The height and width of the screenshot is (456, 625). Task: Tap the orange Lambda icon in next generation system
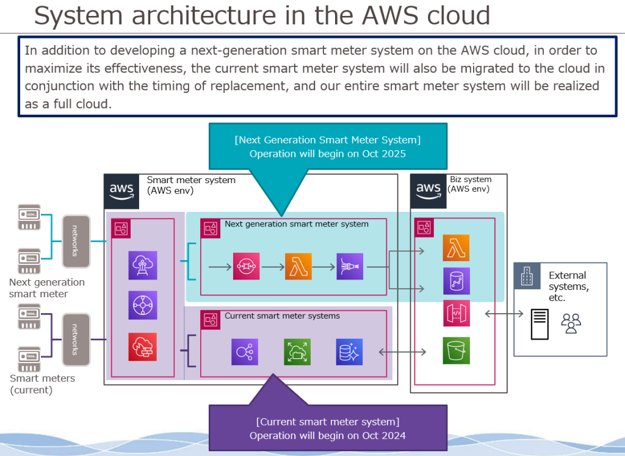point(298,267)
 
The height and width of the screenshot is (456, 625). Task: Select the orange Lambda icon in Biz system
point(456,248)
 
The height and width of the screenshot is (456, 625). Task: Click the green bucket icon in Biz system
point(456,351)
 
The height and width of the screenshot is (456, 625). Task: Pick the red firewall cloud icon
point(142,347)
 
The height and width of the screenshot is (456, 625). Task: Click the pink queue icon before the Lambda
point(246,267)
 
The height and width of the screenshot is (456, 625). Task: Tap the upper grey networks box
point(76,241)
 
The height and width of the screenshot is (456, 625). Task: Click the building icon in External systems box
point(527,277)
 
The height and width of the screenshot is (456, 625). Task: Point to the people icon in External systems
point(571,323)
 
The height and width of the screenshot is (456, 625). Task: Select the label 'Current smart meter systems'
point(282,316)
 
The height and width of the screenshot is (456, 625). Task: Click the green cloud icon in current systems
point(297,352)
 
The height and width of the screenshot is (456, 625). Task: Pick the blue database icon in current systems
point(349,352)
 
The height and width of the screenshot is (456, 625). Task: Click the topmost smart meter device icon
point(29,217)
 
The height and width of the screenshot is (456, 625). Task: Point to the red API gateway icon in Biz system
point(456,313)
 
